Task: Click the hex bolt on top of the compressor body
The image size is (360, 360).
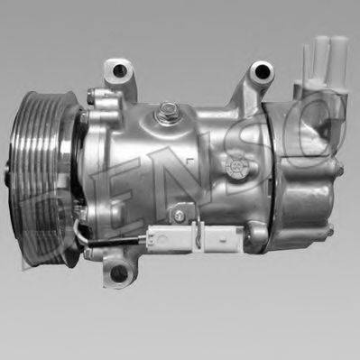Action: coord(167,111)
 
